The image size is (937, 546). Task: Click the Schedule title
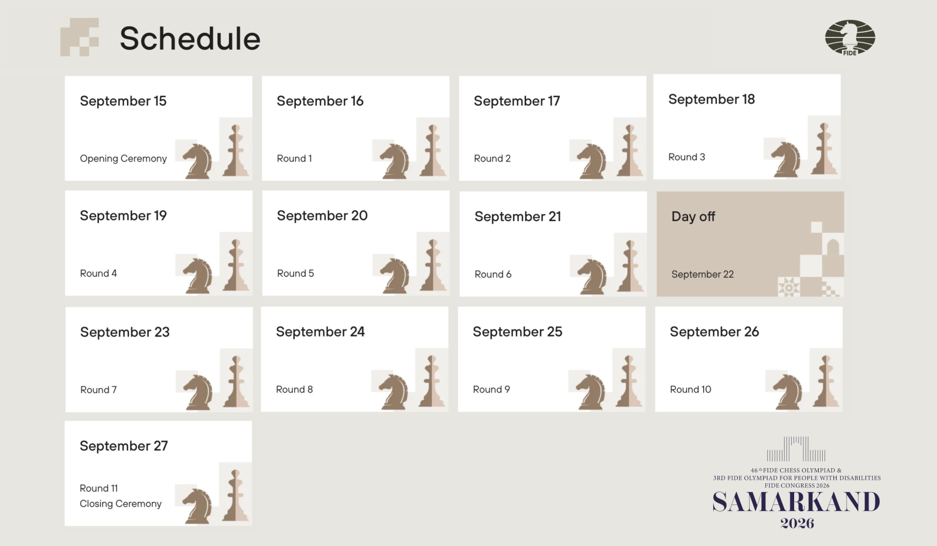click(190, 39)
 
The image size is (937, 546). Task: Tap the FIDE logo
click(850, 37)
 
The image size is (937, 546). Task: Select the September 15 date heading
click(123, 101)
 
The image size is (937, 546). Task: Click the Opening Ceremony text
click(123, 159)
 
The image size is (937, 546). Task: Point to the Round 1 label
click(294, 159)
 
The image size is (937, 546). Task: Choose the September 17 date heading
click(517, 101)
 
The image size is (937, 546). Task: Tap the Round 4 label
click(98, 273)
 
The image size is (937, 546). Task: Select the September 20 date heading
click(322, 216)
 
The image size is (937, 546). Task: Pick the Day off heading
click(693, 217)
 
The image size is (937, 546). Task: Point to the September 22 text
click(702, 274)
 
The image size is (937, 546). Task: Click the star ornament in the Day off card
click(789, 287)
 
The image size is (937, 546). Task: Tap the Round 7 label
click(98, 390)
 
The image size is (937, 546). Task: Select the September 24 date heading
click(320, 332)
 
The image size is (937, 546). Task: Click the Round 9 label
click(491, 390)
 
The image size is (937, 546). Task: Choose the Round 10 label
click(690, 390)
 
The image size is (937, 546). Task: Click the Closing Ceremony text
click(121, 504)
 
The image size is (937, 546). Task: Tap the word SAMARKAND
click(796, 502)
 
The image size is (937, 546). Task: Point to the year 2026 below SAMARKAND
click(797, 523)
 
